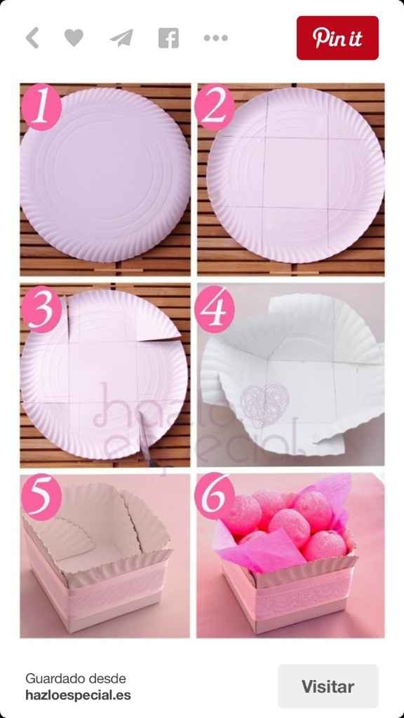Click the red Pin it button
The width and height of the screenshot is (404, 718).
[x=337, y=38]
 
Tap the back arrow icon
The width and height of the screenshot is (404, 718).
[x=32, y=38]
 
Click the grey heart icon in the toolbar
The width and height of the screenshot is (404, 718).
[x=74, y=38]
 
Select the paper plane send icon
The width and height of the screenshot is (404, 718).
[x=121, y=38]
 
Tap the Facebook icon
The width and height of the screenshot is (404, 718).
[x=168, y=38]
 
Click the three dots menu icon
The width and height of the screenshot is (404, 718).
[x=216, y=38]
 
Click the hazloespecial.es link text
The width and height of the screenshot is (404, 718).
[x=78, y=695]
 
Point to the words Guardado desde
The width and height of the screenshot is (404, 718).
[x=76, y=678]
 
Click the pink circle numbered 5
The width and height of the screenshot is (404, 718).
[x=41, y=497]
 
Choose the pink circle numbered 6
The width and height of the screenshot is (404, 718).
[x=215, y=496]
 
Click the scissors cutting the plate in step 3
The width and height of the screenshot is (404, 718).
[x=145, y=440]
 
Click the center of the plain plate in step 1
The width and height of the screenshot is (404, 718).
[x=105, y=175]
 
